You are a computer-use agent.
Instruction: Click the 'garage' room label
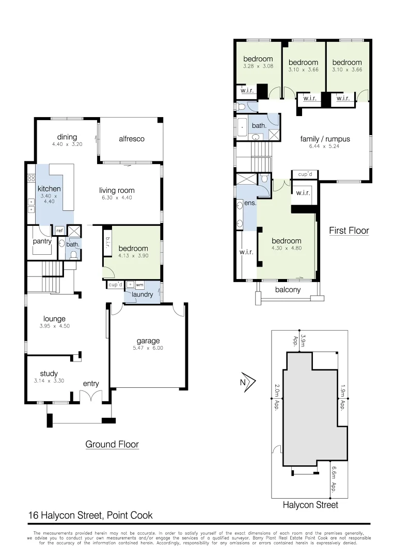148,341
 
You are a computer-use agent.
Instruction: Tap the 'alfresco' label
132,139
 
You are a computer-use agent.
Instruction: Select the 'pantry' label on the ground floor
41,241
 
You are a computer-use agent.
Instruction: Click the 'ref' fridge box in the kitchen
59,231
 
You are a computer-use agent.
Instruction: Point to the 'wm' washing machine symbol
139,285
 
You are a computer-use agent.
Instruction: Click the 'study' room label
49,374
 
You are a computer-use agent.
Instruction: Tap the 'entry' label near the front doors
91,384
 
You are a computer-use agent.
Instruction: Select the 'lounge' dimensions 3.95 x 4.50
54,326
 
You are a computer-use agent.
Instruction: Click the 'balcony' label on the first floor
287,290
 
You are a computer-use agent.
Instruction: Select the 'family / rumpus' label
325,139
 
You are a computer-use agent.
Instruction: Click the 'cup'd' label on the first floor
305,175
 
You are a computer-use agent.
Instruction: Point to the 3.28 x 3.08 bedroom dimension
258,67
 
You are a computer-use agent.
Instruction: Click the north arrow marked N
248,382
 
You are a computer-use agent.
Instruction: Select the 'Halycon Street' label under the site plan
310,505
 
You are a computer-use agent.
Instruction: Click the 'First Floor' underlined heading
349,231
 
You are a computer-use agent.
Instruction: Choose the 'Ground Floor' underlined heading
112,444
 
